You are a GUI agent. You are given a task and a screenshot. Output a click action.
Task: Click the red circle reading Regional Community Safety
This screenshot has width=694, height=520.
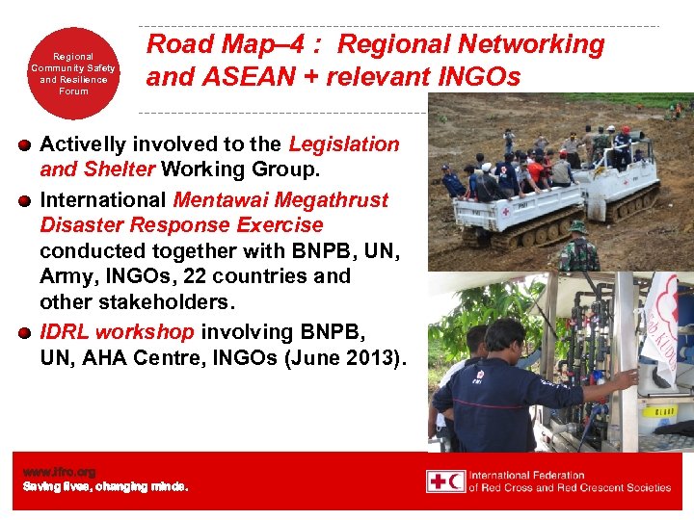73,73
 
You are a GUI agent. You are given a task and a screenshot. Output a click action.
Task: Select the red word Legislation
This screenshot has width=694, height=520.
344,144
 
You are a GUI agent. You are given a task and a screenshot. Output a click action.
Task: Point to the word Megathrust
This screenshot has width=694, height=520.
331,200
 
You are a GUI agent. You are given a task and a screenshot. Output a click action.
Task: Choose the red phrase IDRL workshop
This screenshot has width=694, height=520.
118,331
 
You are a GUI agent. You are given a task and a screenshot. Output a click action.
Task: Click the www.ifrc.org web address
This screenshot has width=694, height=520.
59,472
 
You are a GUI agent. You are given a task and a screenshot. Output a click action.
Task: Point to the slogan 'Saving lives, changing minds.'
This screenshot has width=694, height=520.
105,486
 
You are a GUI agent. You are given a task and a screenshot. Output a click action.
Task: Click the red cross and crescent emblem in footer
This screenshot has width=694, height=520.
446,481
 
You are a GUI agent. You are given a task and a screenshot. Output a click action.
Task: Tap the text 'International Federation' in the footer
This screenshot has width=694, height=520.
527,475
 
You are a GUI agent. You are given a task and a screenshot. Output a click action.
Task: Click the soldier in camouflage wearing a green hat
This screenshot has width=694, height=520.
579,248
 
